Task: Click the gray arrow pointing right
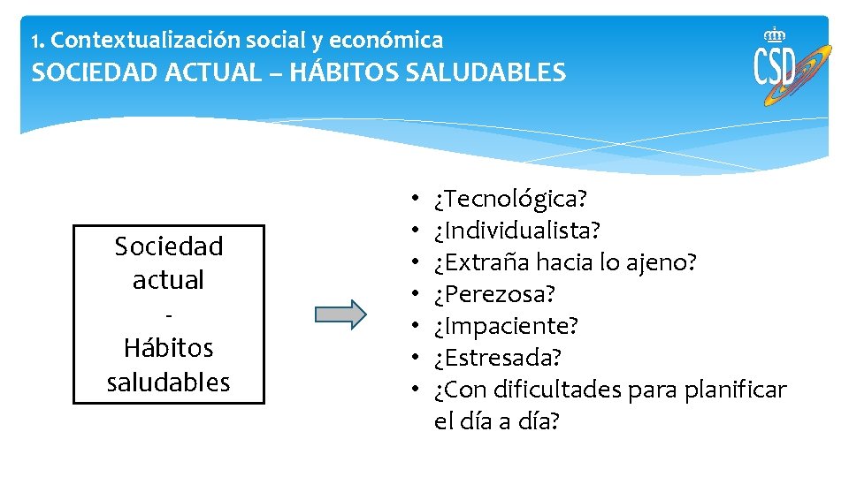pos(340,314)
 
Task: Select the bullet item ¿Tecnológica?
pos(510,198)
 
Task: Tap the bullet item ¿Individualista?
pos(517,231)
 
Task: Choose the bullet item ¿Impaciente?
pos(506,326)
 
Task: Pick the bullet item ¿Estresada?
pos(498,358)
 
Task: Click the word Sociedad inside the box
pos(168,246)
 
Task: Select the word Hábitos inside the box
pos(168,348)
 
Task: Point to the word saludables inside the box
pos(168,382)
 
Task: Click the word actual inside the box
pos(168,280)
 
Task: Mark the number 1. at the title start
pos(36,41)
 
